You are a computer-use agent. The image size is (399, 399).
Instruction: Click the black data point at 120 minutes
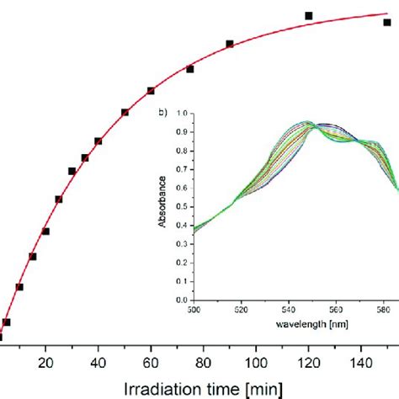(308, 16)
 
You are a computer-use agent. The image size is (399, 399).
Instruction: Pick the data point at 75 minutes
(190, 69)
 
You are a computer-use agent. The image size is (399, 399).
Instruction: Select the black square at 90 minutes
(229, 44)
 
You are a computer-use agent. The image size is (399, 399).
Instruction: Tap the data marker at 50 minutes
(125, 112)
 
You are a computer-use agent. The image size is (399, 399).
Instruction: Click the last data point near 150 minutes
(387, 23)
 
